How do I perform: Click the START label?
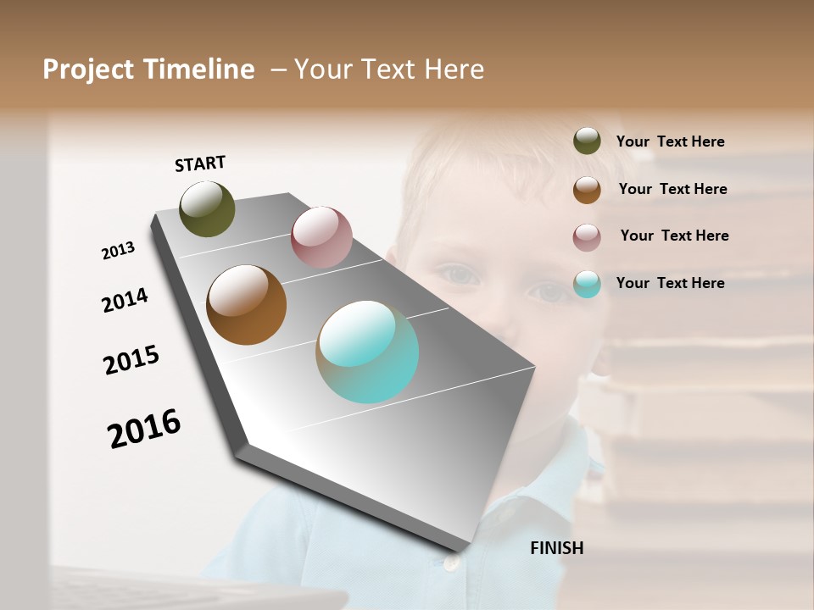[x=200, y=164]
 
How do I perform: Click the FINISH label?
[x=557, y=548]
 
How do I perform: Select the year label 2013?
[x=118, y=251]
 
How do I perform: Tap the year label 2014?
[x=125, y=300]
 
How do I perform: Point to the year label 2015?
[x=131, y=359]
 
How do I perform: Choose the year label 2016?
[x=144, y=429]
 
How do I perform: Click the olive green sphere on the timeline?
[x=207, y=208]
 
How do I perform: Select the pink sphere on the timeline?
[x=321, y=236]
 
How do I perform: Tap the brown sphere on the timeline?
[x=246, y=305]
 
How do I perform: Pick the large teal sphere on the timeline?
[x=367, y=352]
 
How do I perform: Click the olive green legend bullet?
[x=587, y=141]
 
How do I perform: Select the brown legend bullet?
[x=587, y=189]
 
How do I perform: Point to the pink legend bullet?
[x=587, y=236]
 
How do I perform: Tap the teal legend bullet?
[x=587, y=284]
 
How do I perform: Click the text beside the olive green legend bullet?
[x=671, y=141]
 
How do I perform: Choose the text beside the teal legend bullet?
[x=671, y=283]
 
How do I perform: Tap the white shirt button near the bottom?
[x=450, y=561]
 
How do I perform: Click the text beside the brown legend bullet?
[x=673, y=189]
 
